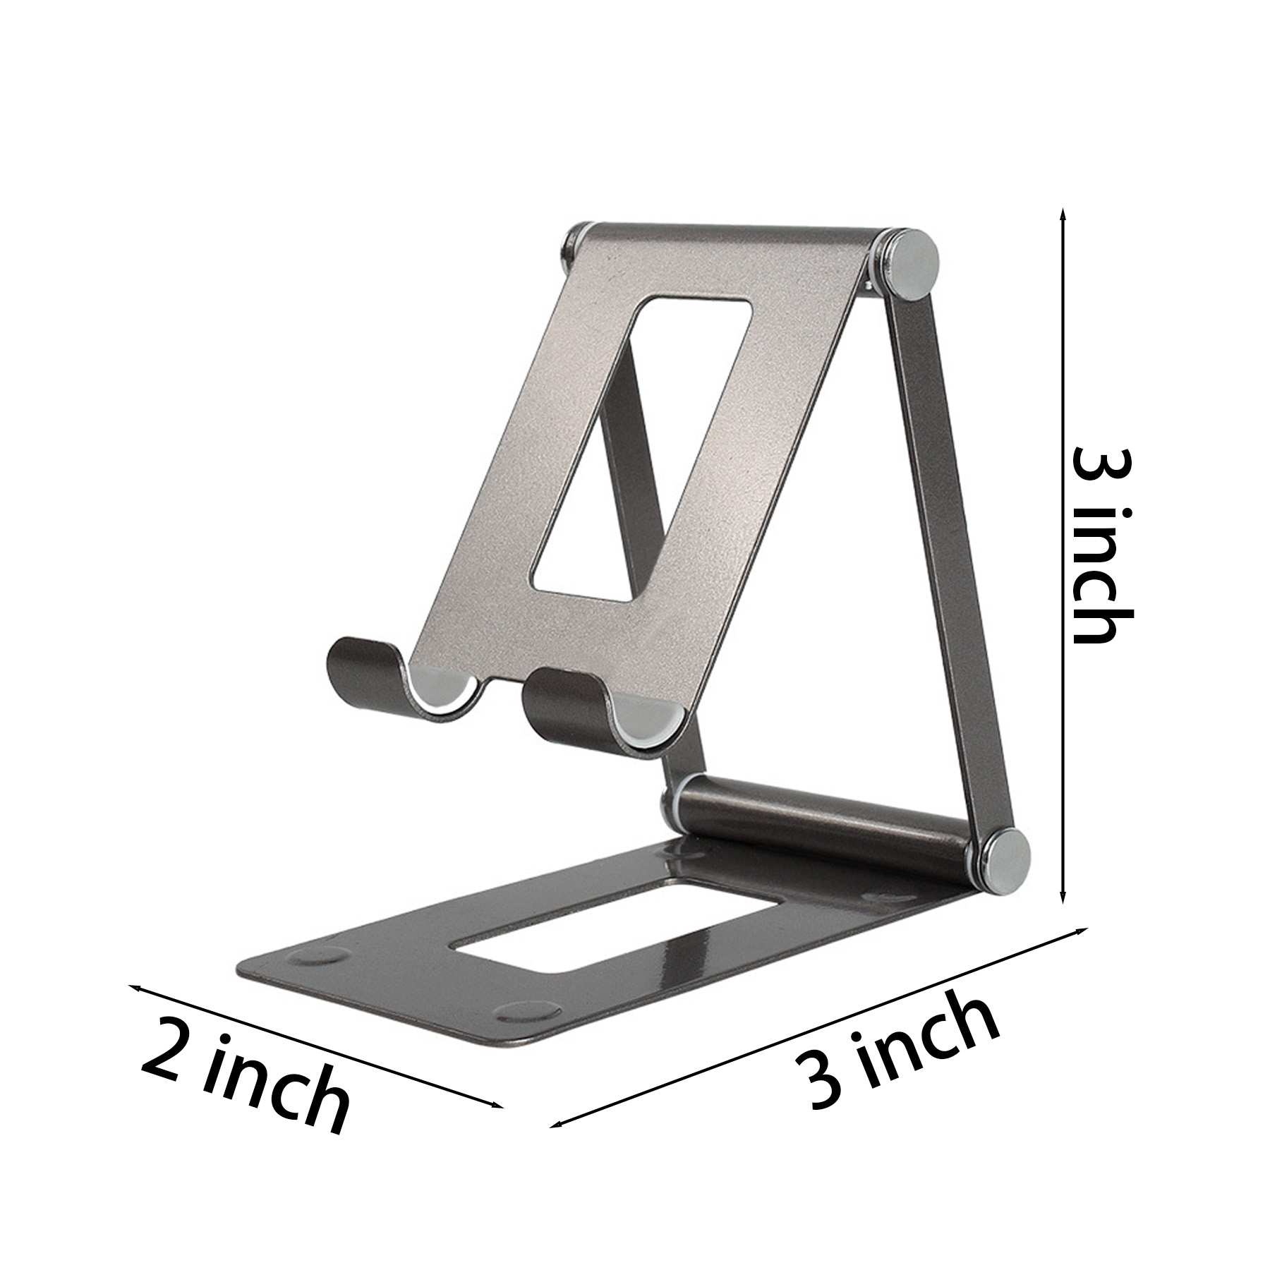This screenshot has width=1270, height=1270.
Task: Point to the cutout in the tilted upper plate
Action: [640, 449]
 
